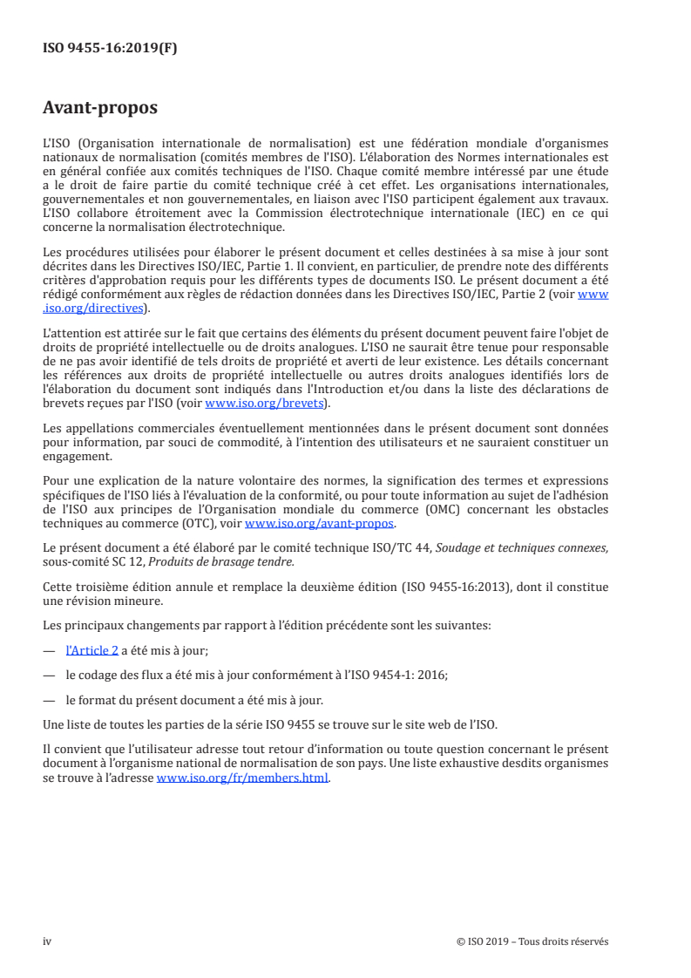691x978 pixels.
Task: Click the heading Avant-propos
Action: click(x=100, y=108)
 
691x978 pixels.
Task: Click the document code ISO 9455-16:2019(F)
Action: click(x=110, y=49)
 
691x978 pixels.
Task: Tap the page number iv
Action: click(x=48, y=941)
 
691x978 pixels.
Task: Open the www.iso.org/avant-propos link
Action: click(x=320, y=524)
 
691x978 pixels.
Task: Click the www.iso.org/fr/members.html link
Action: click(x=242, y=779)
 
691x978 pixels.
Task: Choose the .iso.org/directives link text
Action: click(x=96, y=308)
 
